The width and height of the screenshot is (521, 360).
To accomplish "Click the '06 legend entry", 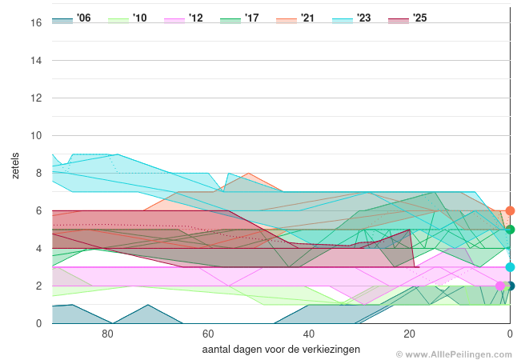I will pos(72,18).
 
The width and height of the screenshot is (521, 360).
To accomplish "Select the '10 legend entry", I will pos(128,18).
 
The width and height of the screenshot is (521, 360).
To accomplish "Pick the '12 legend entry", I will pos(184,18).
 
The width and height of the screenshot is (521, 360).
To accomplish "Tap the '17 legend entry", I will pos(240,18).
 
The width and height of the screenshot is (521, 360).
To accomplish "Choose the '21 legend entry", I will pos(296,18).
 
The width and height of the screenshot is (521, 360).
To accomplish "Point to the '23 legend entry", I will pos(352,18).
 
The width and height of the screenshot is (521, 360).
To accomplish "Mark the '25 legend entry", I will pos(408,18).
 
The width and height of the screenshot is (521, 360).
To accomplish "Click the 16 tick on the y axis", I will pos(36,22).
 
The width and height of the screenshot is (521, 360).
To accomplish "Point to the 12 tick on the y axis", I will pos(36,98).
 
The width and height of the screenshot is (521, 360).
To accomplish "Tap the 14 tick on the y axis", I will pos(36,60).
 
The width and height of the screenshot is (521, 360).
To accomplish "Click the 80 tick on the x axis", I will pos(107,334).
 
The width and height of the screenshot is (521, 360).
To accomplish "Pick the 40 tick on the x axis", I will pos(308,334).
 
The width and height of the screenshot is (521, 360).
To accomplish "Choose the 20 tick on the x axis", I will pos(409,334).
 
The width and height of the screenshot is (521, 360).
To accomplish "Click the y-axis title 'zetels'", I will pos(16,164).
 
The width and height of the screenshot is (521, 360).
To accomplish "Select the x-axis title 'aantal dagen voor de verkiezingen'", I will pos(281,350).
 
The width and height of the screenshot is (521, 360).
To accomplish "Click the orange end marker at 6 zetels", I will pos(510,211).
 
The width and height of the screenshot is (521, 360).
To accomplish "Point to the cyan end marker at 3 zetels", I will pos(510,267).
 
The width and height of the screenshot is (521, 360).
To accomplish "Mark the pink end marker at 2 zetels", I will pos(501,286).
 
